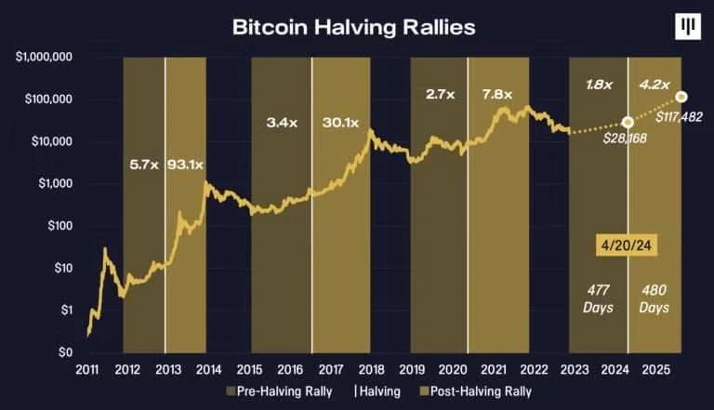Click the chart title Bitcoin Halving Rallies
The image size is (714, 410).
353,27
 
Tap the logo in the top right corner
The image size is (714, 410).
688,28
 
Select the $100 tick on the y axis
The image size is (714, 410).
60,226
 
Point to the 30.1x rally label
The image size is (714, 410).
341,122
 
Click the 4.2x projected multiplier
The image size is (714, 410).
651,84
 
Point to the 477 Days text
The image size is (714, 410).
598,298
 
